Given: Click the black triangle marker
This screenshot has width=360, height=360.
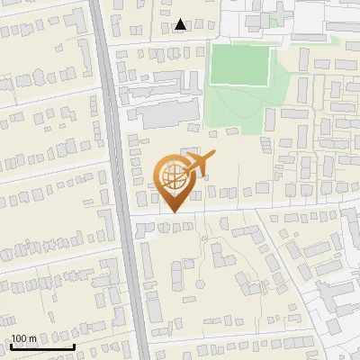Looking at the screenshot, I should [181, 24].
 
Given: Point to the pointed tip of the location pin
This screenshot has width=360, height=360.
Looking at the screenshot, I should [173, 212].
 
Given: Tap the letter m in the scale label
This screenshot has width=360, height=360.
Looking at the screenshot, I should [32, 338].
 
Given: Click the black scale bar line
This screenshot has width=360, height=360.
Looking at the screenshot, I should [41, 346].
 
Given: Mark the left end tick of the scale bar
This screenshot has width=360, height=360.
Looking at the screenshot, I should [10, 345].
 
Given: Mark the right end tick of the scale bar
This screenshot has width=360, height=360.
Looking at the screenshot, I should [74, 345].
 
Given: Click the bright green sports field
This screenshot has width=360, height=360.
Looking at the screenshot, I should [240, 65].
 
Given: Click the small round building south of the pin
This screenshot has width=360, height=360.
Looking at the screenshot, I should [219, 254].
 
